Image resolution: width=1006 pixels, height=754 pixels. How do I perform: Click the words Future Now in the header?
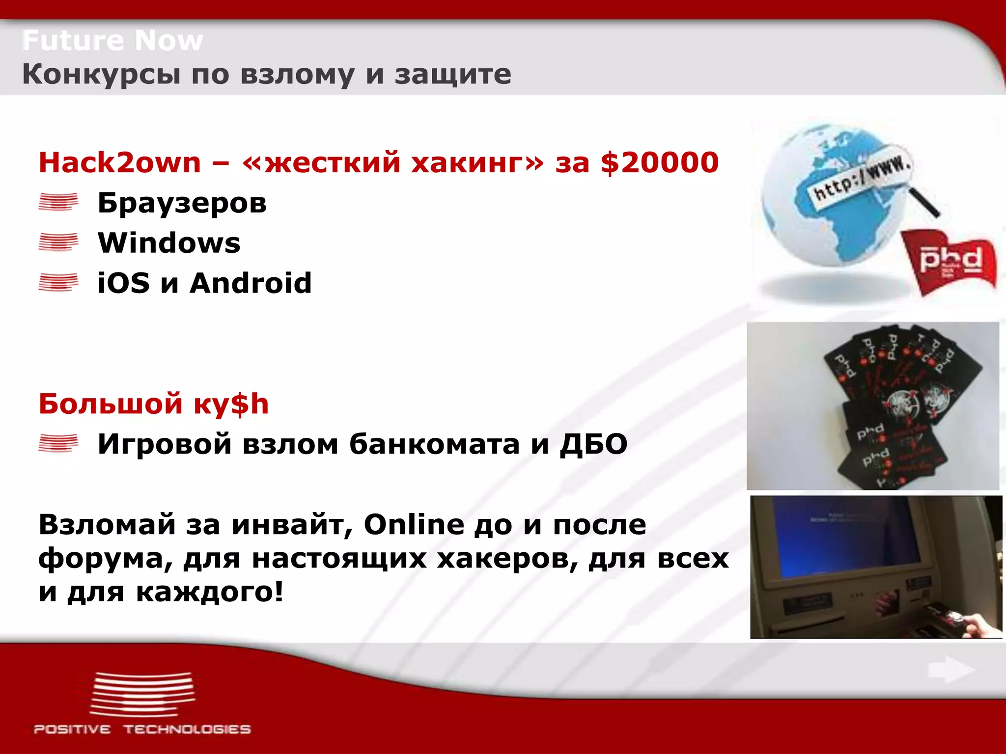[x=112, y=40]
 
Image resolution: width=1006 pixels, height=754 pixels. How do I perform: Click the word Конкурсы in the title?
[x=101, y=75]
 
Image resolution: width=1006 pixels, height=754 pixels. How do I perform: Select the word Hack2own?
[x=120, y=162]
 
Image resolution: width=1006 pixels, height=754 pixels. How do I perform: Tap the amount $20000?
[x=659, y=162]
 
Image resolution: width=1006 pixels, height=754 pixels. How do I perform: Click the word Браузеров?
[x=182, y=203]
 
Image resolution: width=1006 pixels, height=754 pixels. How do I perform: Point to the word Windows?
[x=169, y=243]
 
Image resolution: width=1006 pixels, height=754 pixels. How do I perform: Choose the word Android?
[x=251, y=283]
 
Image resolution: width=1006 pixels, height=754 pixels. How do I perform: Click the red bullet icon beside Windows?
[x=58, y=242]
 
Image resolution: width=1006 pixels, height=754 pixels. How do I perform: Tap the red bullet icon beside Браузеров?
[x=58, y=202]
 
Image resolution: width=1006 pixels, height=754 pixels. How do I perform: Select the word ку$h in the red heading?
[x=231, y=404]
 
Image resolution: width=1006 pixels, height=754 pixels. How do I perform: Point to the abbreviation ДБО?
[x=593, y=444]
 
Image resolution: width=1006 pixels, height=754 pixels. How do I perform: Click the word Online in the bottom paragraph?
[x=414, y=525]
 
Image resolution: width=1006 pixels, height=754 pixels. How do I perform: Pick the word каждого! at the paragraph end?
[x=209, y=592]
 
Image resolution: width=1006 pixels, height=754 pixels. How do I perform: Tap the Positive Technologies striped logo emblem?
[x=142, y=695]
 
